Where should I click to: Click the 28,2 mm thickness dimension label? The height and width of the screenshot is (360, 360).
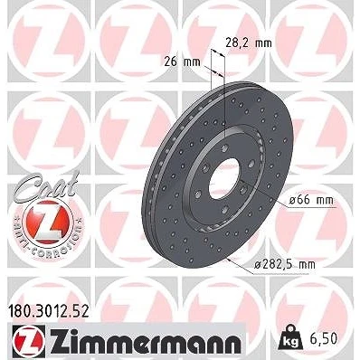(249, 43)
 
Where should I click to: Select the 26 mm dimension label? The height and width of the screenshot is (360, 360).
(182, 62)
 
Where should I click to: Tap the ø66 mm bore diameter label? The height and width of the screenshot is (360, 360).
(311, 200)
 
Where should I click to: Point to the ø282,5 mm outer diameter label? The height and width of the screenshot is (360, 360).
(285, 264)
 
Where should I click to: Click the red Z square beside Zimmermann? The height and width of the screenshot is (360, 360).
(29, 341)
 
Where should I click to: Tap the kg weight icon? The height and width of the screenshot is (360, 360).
(291, 339)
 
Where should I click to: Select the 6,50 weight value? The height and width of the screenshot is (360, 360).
(323, 339)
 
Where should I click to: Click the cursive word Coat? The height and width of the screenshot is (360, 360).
(46, 185)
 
